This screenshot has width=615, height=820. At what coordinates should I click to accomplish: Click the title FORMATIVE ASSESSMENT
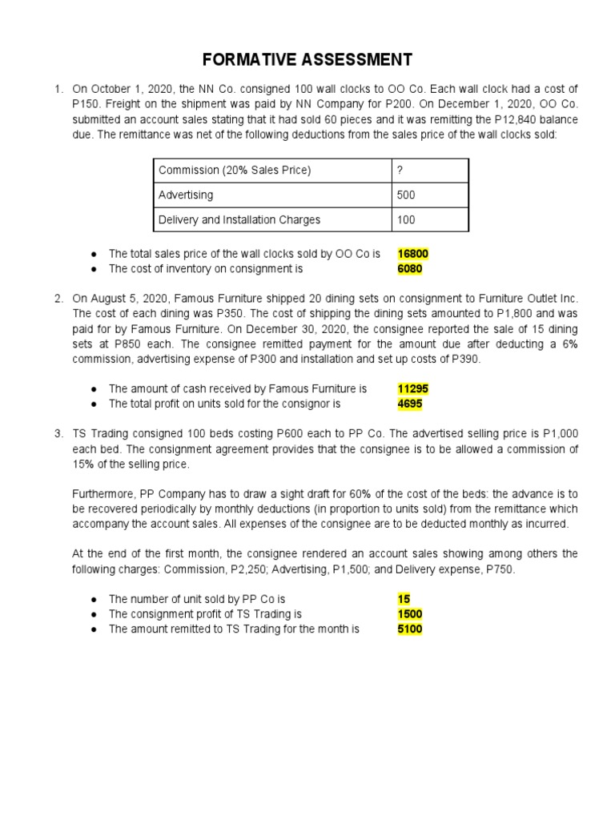307,59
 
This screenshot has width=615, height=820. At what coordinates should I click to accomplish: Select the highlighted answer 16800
413,254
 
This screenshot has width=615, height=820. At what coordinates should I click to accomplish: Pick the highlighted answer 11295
413,388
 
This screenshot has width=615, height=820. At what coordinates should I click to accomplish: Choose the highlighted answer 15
403,598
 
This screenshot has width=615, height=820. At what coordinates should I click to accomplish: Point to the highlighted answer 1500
409,614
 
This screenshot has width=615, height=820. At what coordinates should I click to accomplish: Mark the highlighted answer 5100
409,629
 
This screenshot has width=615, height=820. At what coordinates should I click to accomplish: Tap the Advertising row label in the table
186,195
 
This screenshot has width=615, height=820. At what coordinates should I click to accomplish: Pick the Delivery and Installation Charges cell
239,219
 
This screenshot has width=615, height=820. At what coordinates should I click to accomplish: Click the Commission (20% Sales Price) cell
235,170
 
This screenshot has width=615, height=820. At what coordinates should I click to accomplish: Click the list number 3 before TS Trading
58,433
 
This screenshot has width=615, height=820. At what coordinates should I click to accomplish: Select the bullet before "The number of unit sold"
94,599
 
